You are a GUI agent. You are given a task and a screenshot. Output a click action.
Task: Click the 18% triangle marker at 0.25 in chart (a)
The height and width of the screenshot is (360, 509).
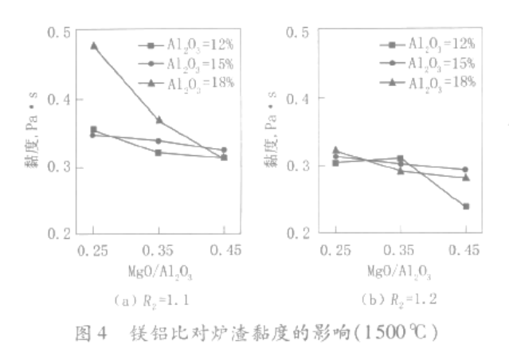point(94,45)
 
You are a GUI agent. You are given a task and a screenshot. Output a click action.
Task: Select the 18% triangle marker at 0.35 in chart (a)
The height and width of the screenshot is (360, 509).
point(159,119)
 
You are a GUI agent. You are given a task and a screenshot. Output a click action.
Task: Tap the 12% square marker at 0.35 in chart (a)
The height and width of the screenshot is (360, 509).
point(159,152)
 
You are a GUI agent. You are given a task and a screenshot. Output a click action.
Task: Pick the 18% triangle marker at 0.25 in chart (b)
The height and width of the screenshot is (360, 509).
point(335,149)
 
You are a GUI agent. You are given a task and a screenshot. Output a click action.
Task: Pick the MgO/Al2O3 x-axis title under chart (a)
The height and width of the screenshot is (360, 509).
point(159,272)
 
